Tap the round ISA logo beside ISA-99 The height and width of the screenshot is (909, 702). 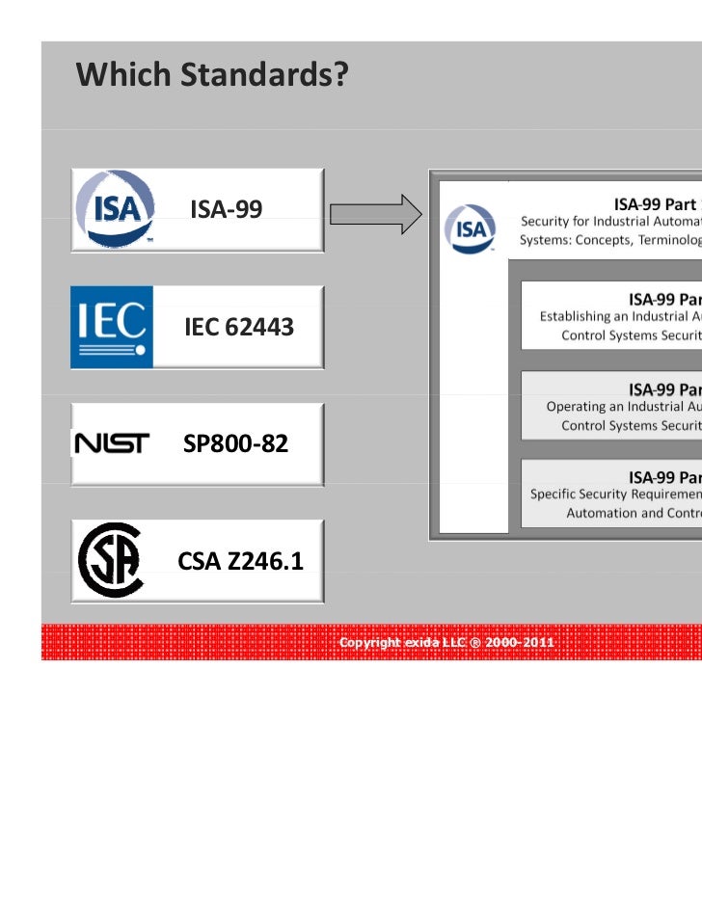coord(115,210)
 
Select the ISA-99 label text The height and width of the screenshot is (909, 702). coord(227,209)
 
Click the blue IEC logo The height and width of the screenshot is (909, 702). coord(112,327)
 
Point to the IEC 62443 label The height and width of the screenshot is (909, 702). coord(238,328)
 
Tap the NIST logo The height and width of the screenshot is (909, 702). coord(112,443)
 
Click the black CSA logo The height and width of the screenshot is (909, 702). coord(111,560)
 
